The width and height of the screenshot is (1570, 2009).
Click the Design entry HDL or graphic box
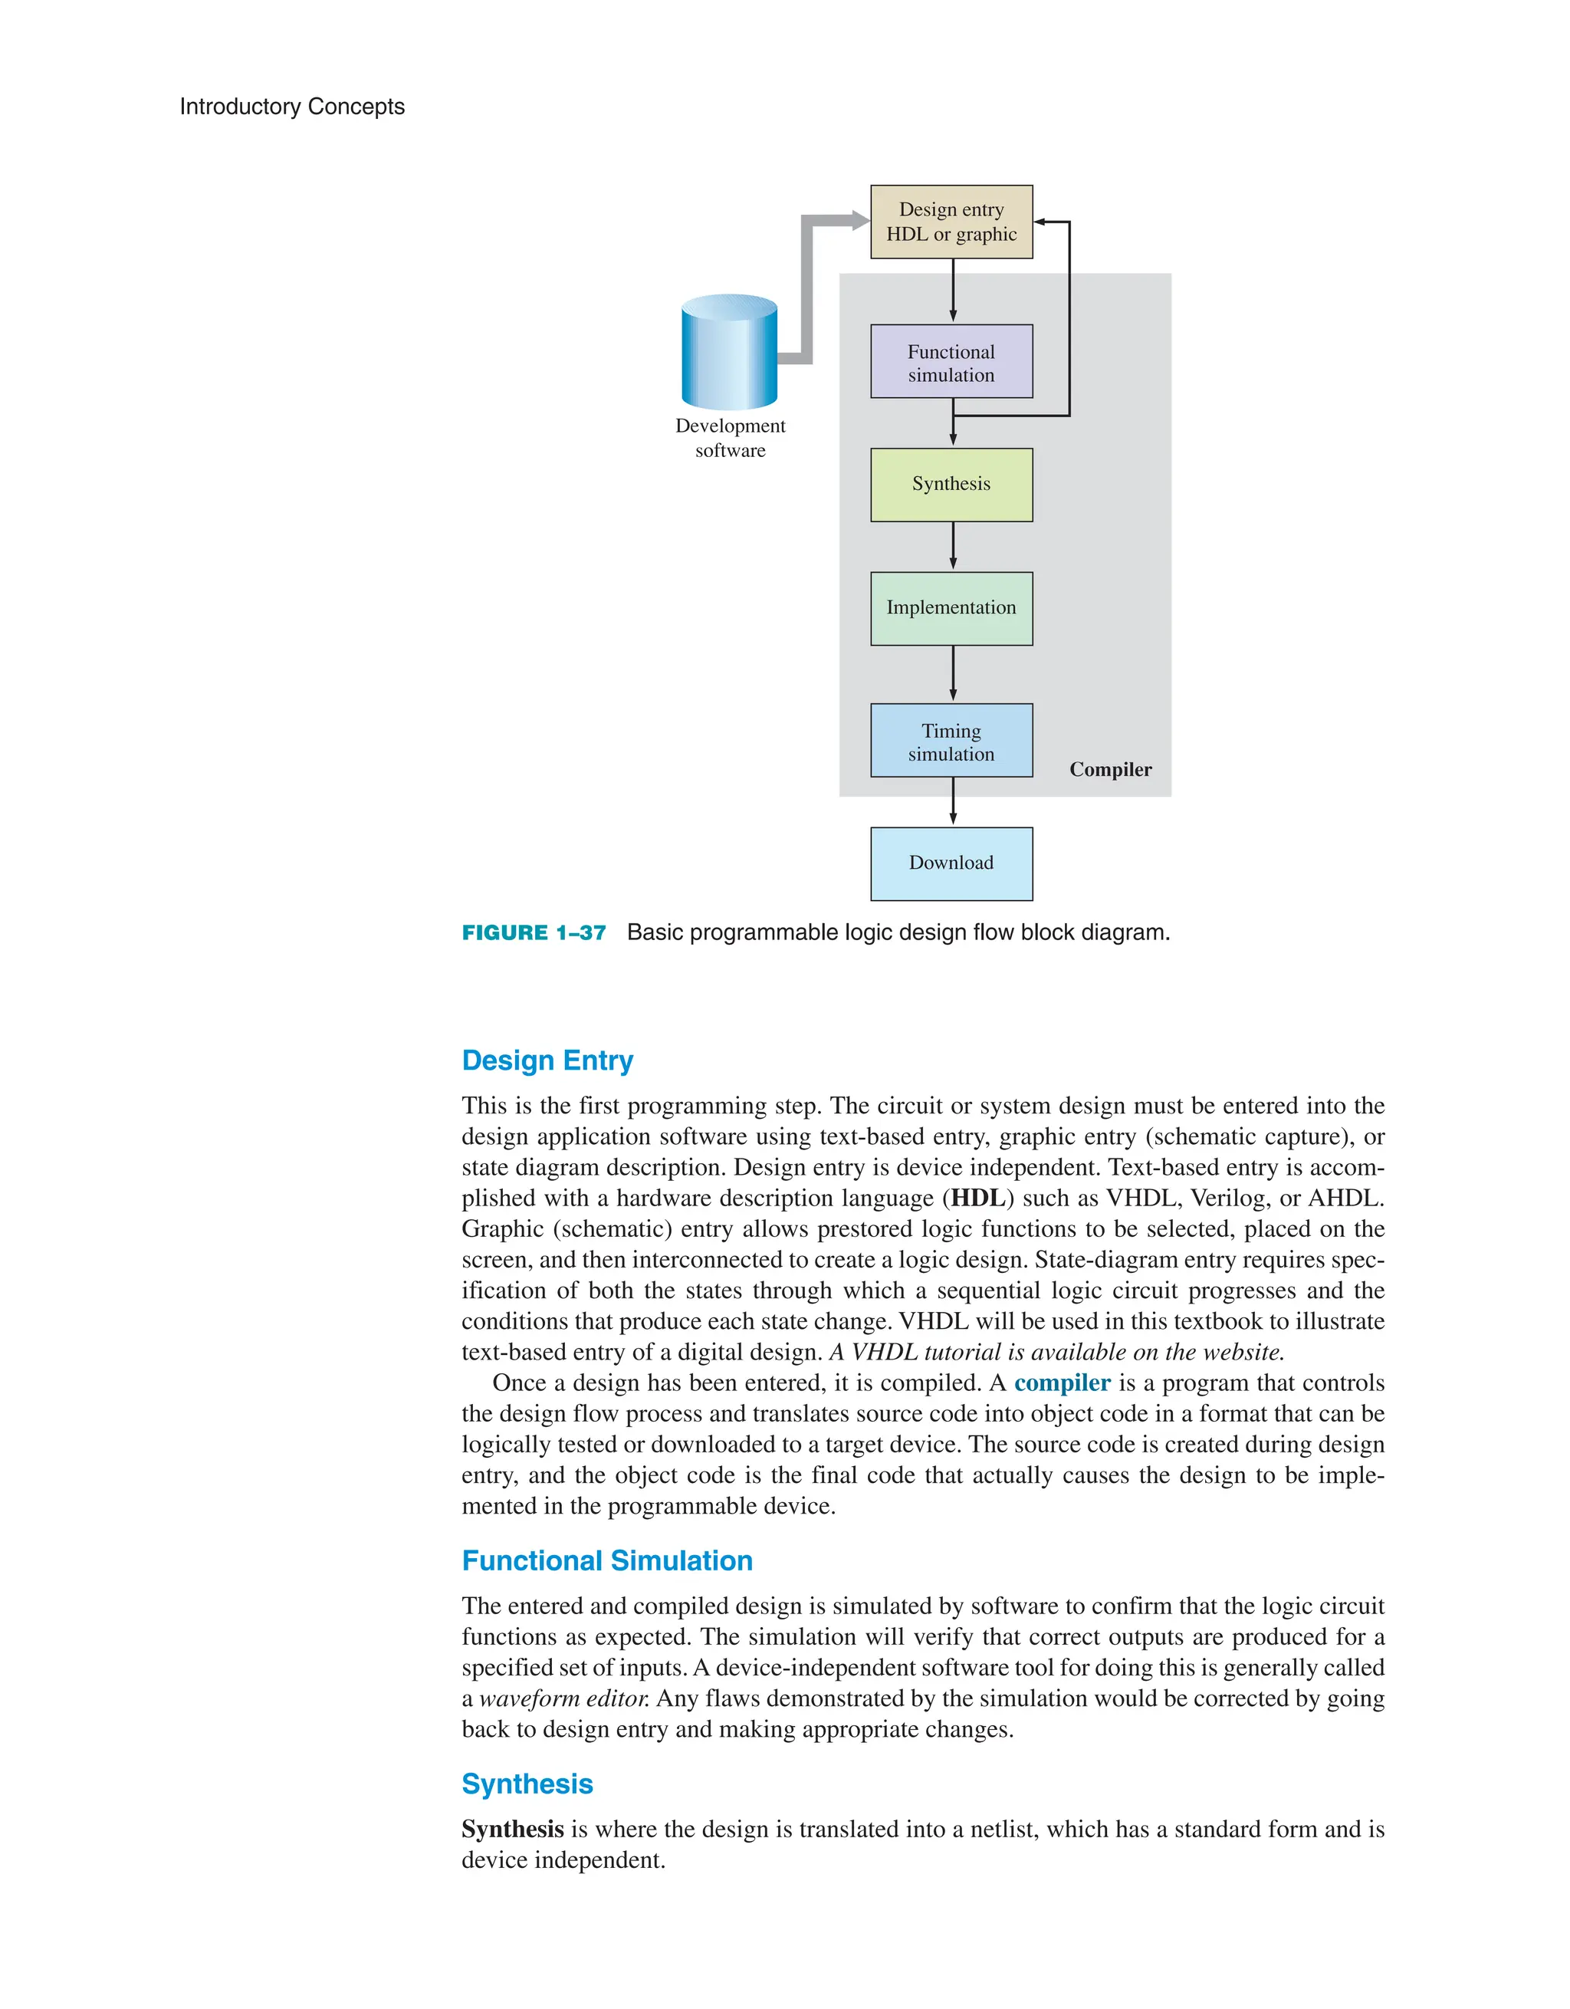tap(951, 222)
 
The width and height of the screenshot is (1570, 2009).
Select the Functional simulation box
tap(951, 361)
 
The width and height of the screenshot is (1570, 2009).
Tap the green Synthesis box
tap(951, 485)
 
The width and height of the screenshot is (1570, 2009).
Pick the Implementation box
tap(951, 608)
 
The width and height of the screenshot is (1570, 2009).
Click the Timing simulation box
tap(951, 741)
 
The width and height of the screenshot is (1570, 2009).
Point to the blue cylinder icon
tap(729, 352)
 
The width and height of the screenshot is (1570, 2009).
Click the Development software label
tap(731, 438)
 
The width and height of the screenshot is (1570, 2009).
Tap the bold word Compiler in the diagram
tap(1110, 770)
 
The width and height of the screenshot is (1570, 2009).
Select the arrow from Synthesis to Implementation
tap(953, 547)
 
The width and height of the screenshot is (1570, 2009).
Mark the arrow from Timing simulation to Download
tap(953, 801)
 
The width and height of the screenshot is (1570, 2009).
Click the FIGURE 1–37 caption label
tap(534, 932)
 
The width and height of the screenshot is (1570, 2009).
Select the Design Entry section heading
tap(547, 1060)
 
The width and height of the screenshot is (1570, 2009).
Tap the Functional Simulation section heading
tap(607, 1561)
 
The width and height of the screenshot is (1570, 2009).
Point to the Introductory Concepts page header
tap(291, 107)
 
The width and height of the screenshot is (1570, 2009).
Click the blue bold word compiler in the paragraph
tap(1063, 1383)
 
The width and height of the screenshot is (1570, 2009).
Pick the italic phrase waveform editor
tap(563, 1698)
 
